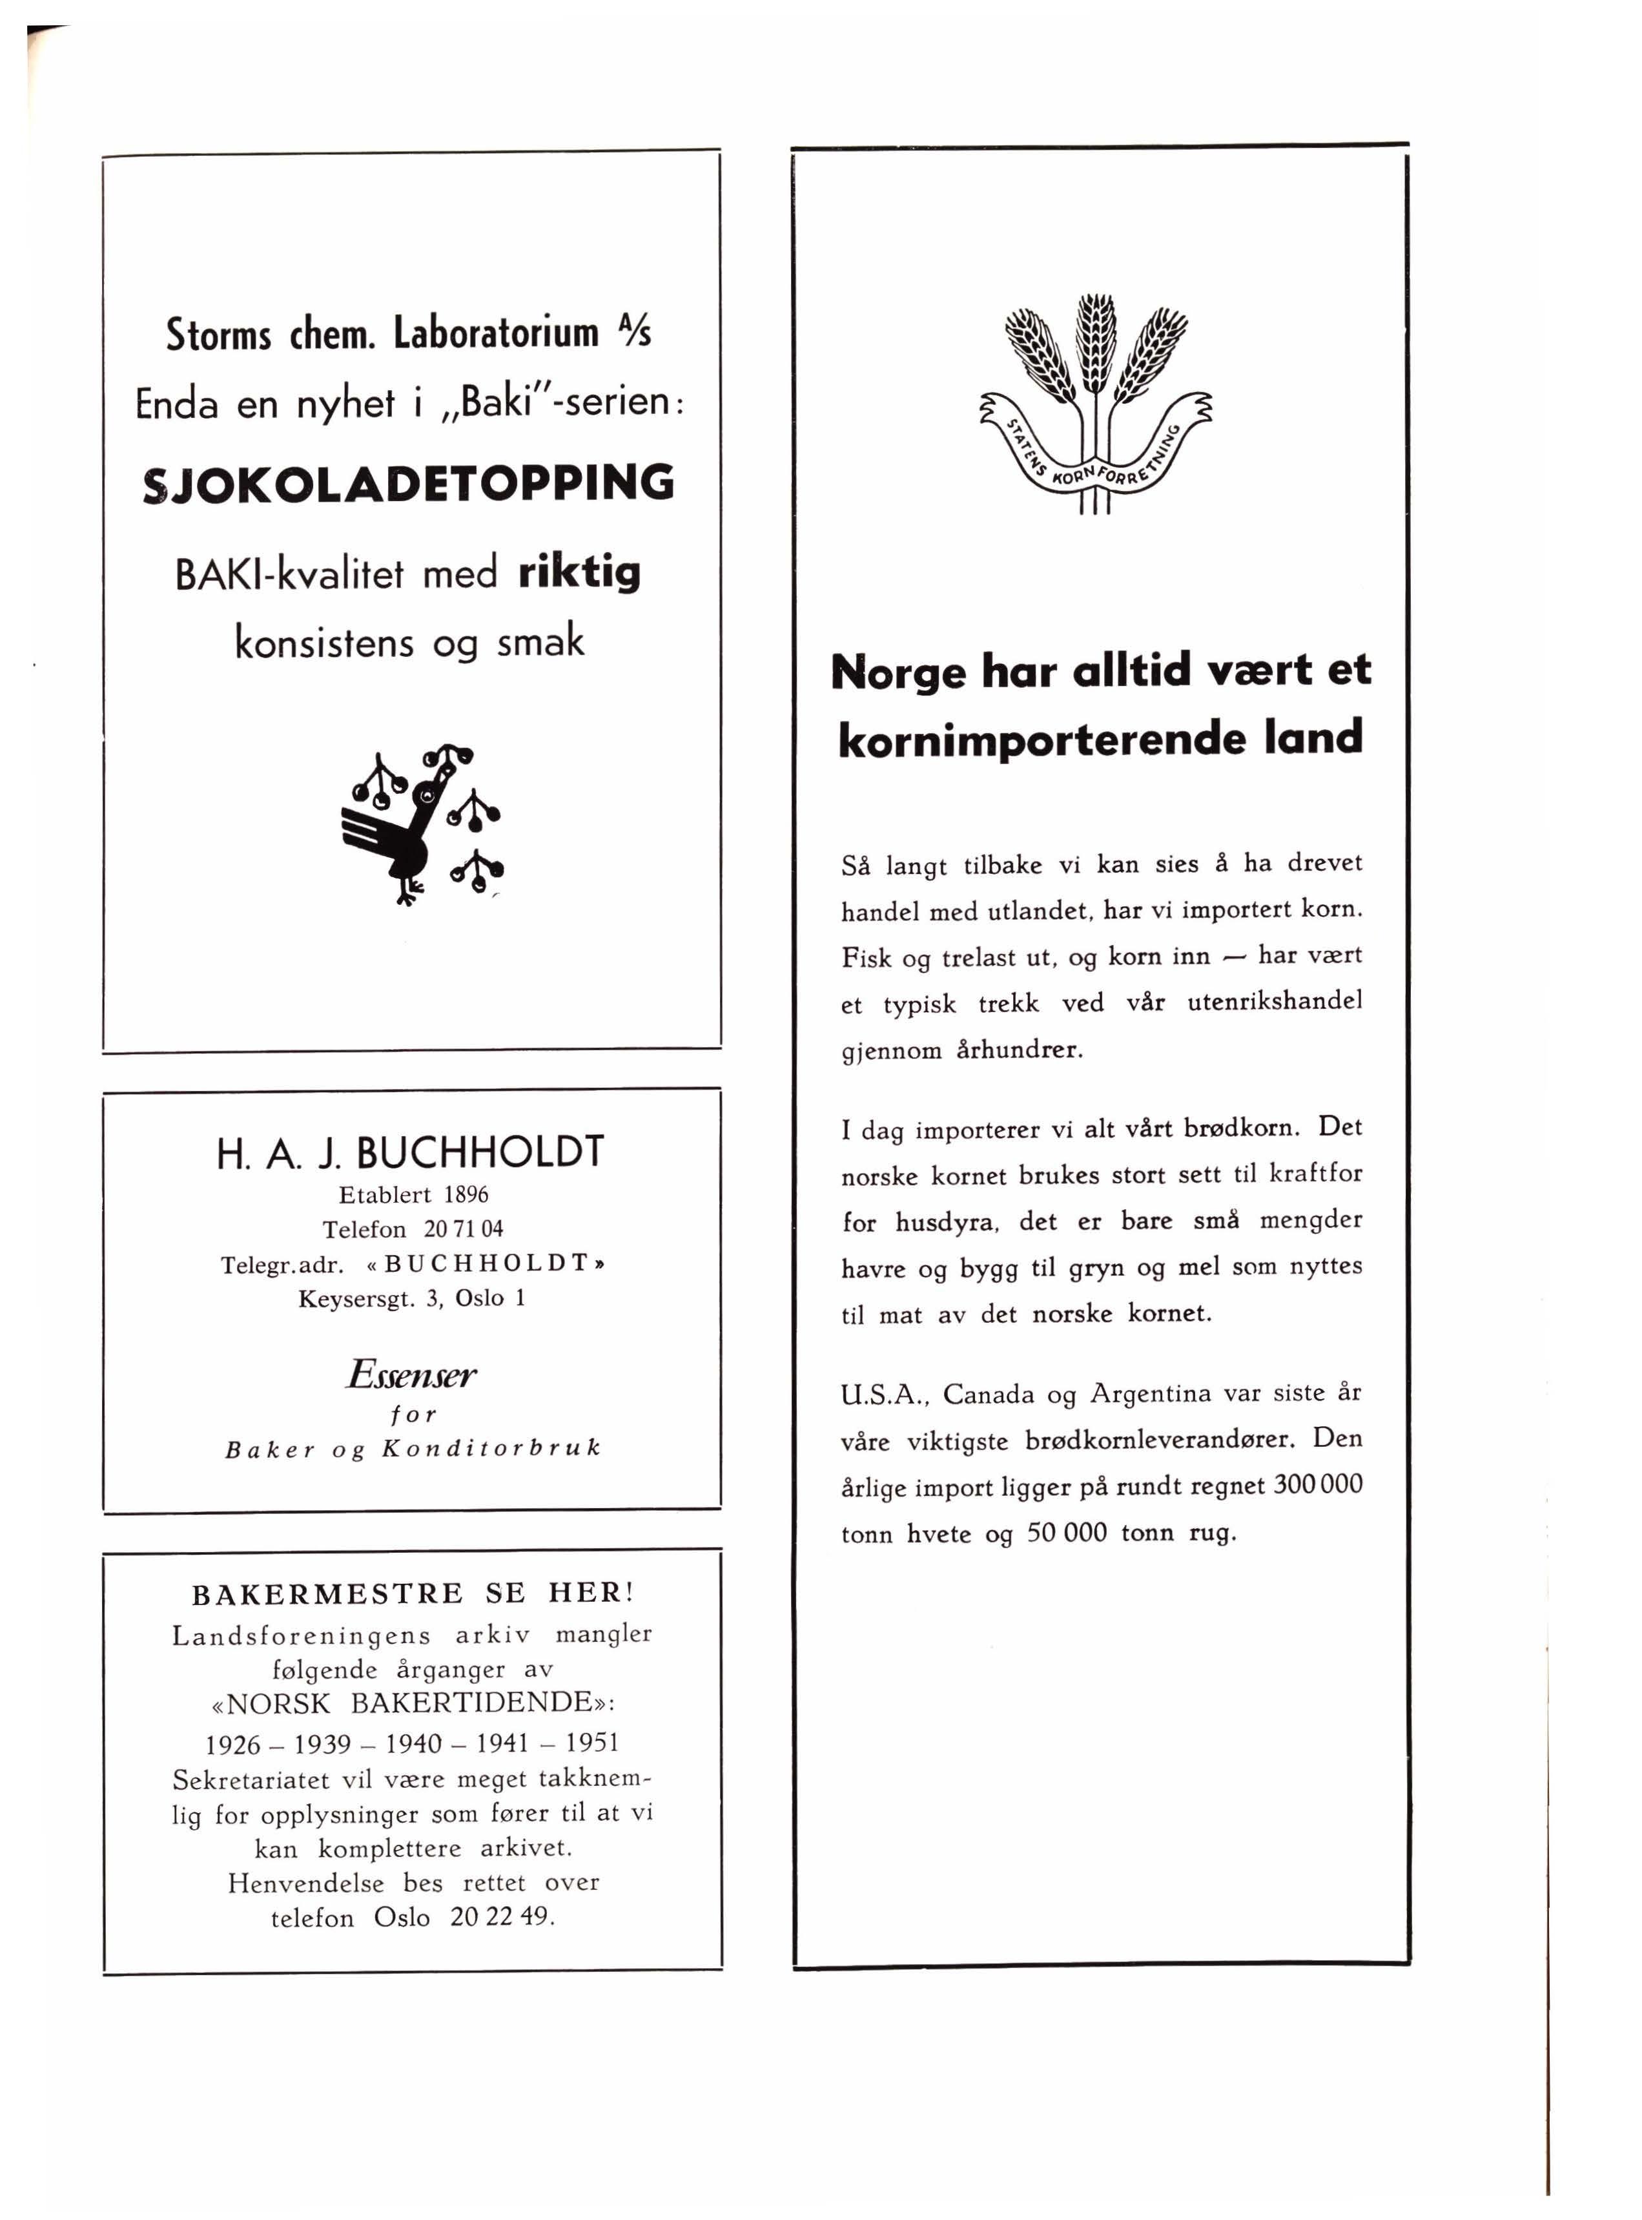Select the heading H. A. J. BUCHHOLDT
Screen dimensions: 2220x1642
pos(409,1152)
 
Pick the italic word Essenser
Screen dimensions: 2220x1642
pos(411,1375)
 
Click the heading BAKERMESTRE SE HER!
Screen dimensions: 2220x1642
pos(413,1593)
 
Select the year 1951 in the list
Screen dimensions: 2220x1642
pos(592,1743)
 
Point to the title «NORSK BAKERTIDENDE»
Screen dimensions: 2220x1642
pos(413,1703)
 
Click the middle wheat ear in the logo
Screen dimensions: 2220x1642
pos(1096,343)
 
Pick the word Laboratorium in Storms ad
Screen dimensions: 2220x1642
pos(496,333)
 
